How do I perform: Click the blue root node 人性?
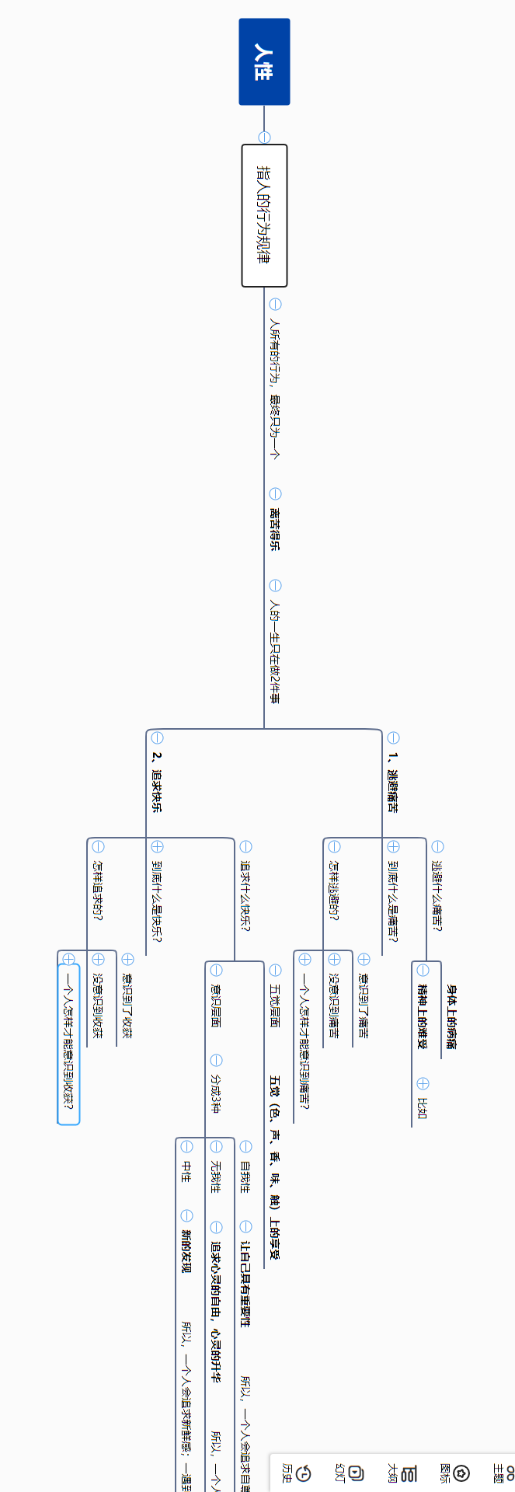click(x=264, y=61)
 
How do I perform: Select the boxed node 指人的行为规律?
click(x=264, y=215)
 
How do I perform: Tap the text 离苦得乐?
click(x=275, y=528)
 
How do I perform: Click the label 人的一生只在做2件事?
click(x=275, y=650)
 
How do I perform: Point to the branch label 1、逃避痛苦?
click(x=393, y=781)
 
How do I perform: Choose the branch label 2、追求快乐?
click(x=157, y=781)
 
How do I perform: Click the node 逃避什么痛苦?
click(x=437, y=895)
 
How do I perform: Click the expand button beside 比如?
click(x=423, y=1083)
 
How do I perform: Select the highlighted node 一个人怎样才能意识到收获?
click(x=69, y=1037)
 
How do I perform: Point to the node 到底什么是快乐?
click(x=157, y=901)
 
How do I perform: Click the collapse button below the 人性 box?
click(x=264, y=138)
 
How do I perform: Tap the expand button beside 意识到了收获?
click(x=128, y=960)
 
